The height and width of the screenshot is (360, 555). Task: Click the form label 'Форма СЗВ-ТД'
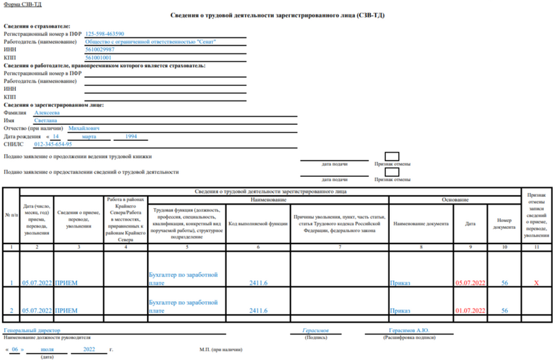point(20,4)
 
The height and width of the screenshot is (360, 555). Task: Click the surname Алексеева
point(46,112)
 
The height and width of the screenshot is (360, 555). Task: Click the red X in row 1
point(536,283)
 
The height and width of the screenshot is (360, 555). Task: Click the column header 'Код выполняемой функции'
point(257,224)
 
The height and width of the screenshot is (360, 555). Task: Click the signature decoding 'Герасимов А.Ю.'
point(412,330)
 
